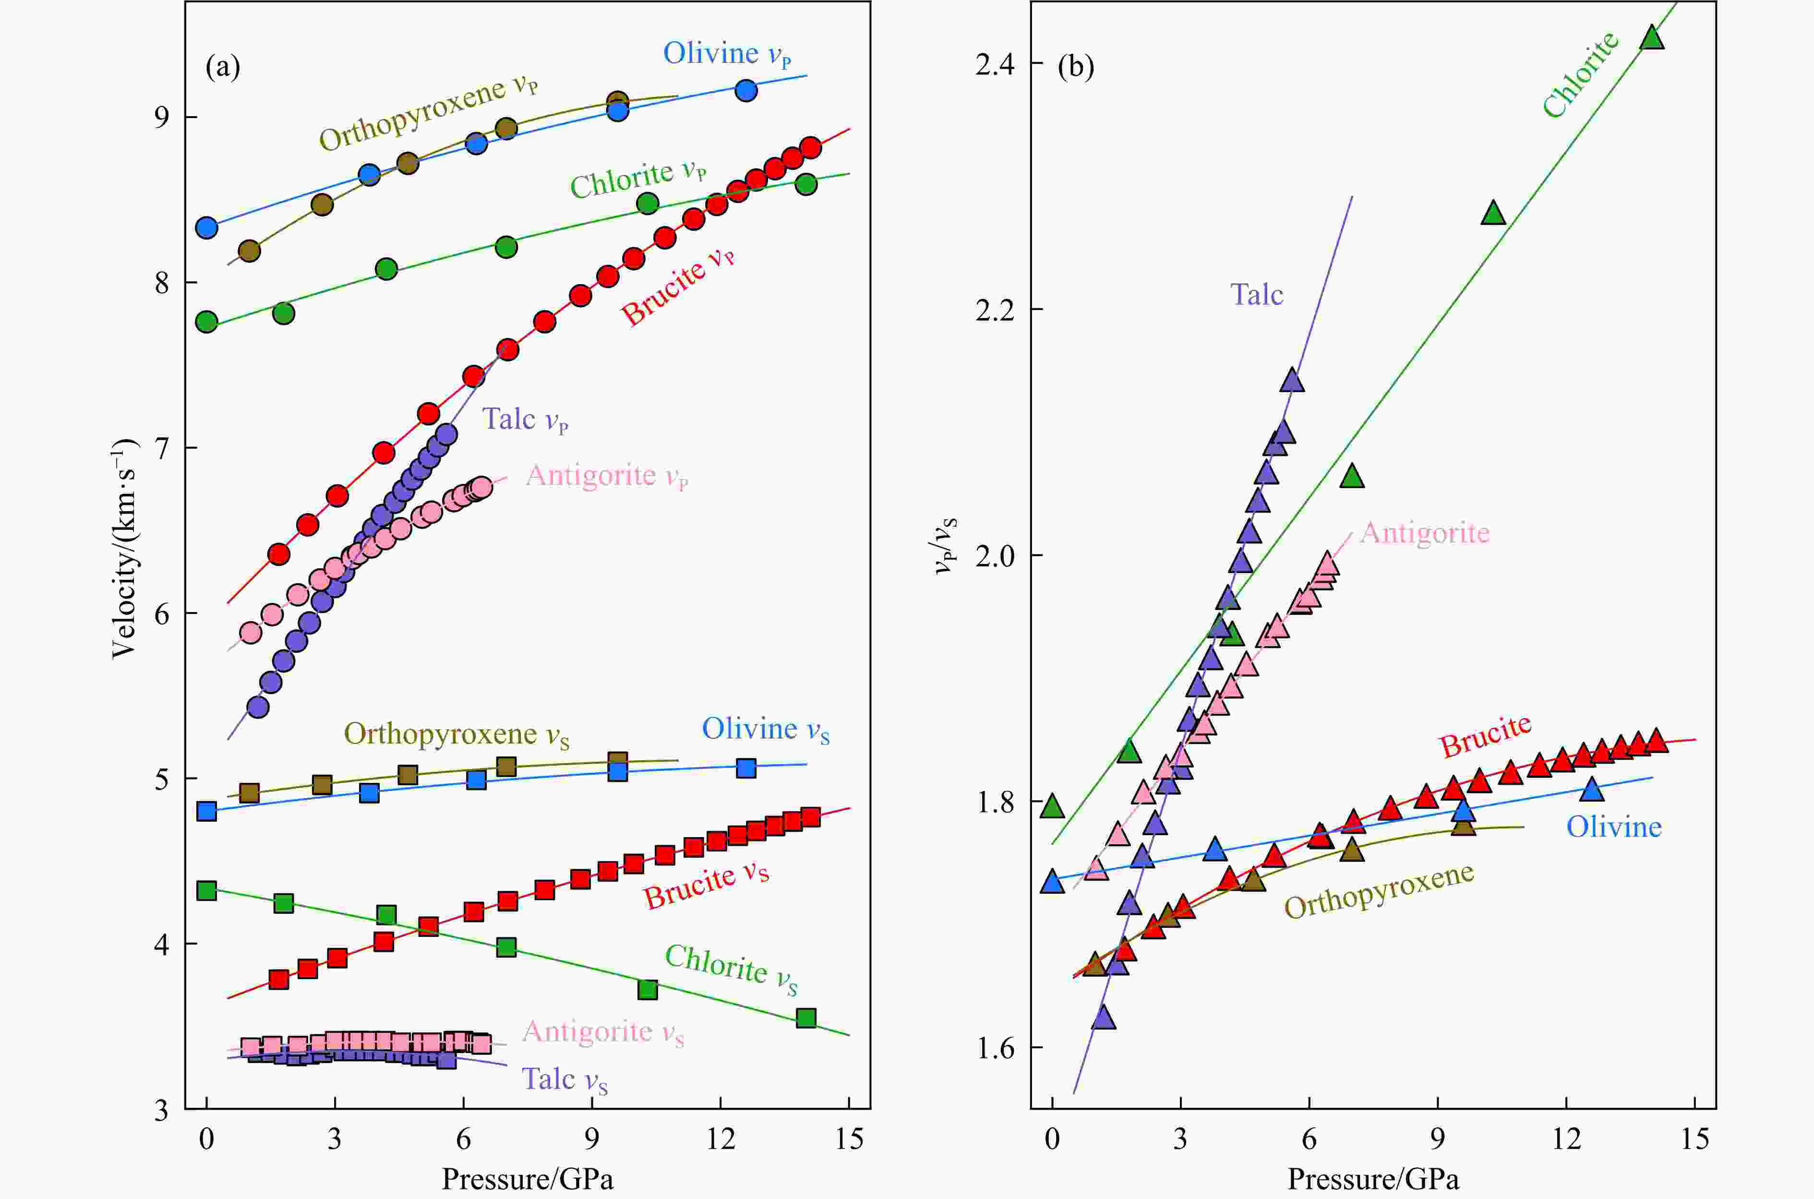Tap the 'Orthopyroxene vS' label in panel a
(456, 734)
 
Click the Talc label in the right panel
(1257, 294)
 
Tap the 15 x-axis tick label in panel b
(1694, 1140)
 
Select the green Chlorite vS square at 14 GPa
(806, 1018)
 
